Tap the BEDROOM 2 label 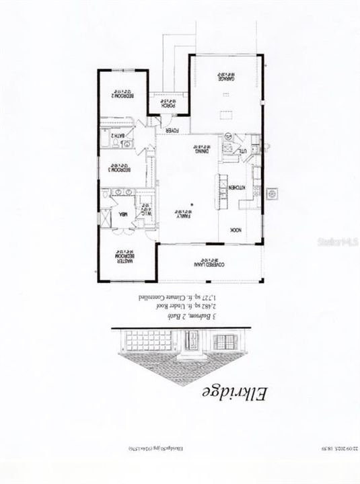(x=121, y=95)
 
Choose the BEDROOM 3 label (x=121, y=169)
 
